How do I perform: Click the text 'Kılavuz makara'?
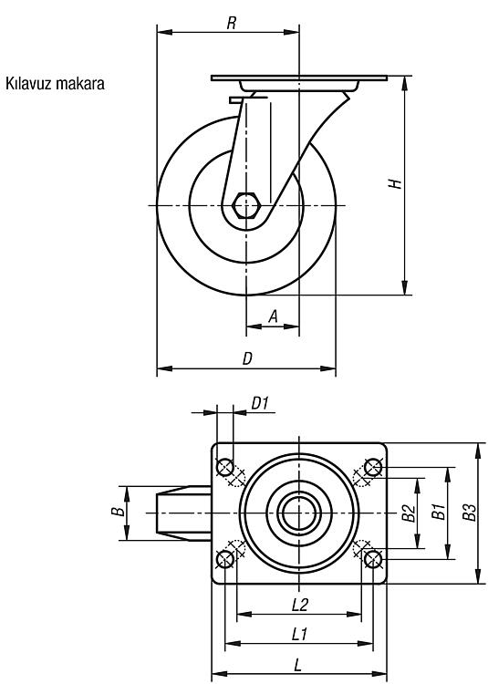point(55,83)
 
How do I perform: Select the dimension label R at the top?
point(232,23)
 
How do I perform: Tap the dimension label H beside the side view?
point(396,183)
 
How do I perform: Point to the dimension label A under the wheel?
point(273,316)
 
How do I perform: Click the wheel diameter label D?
point(247,358)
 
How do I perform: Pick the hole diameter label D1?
point(260,403)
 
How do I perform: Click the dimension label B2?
point(409,513)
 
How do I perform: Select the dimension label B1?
point(439,512)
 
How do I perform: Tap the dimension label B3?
point(469,513)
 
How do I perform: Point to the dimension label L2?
point(300,605)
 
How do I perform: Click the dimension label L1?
point(299,634)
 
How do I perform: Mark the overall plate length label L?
point(298,665)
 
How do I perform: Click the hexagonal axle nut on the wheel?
point(246,205)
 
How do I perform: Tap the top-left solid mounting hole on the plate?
point(225,467)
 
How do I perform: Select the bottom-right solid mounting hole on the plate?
point(372,559)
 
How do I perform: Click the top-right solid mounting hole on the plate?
point(373,467)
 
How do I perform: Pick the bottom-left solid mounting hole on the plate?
point(225,559)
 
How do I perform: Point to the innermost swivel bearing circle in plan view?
point(299,513)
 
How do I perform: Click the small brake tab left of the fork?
point(236,100)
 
